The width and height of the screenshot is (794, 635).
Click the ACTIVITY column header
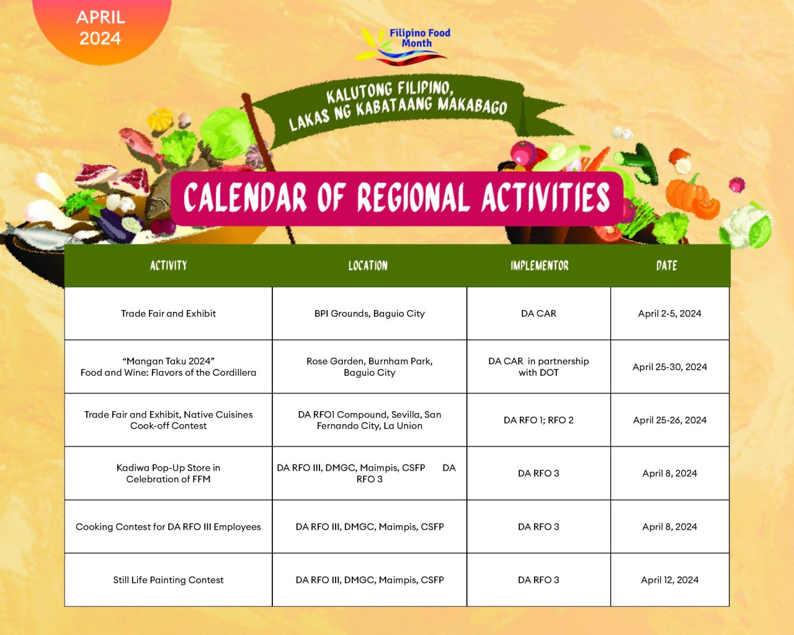[x=168, y=265]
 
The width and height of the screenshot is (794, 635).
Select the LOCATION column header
[x=368, y=265]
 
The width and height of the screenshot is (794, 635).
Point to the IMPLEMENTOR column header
[x=540, y=265]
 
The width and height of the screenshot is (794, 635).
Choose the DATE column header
[x=666, y=265]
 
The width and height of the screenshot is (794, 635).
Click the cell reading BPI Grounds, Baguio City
[x=369, y=313]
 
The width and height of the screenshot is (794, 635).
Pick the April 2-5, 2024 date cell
[x=670, y=313]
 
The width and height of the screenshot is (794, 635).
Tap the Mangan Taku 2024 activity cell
[x=168, y=366]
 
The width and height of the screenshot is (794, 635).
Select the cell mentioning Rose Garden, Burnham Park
[x=369, y=366]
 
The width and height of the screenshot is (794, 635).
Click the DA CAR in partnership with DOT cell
[x=538, y=366]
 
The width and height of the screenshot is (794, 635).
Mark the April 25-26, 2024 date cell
[x=670, y=420]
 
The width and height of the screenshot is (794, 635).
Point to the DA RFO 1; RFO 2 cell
[x=538, y=420]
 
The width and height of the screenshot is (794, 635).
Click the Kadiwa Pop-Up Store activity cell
[x=168, y=473]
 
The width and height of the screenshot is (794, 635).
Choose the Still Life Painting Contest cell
[x=168, y=580]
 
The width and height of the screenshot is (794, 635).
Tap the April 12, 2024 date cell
[x=670, y=580]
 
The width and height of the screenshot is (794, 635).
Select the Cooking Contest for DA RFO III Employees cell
[x=168, y=526]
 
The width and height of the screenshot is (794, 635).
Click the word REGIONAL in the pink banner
[x=413, y=198]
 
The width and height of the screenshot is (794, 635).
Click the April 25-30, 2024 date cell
[x=670, y=366]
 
